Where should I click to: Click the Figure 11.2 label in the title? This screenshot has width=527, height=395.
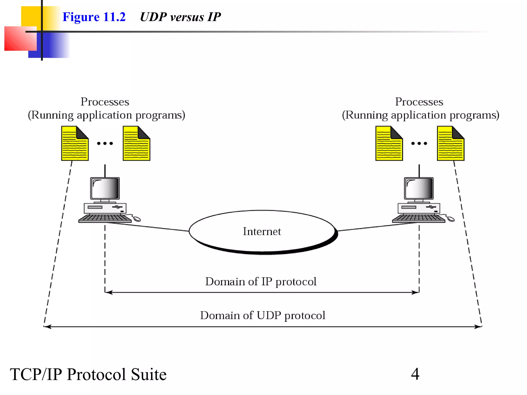pos(94,17)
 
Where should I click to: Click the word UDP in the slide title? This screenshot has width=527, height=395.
pos(153,17)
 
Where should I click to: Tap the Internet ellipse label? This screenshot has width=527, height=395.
pos(262,231)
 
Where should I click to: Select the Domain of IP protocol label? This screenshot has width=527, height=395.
pos(261,282)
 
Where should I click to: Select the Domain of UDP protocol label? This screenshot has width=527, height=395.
pos(262,316)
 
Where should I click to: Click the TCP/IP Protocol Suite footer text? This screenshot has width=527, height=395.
pos(88,374)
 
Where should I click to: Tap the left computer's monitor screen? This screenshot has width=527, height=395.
pos(105,188)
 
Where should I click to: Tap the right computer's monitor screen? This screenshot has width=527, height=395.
pos(419,188)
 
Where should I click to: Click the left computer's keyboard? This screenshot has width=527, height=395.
pos(105,218)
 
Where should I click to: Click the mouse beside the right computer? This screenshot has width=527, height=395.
pos(451,219)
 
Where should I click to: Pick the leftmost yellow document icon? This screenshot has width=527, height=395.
pos(75,143)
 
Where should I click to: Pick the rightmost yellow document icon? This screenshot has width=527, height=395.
pos(451,143)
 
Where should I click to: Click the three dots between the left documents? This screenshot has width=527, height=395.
pos(105,143)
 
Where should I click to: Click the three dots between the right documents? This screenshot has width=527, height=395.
pos(419,143)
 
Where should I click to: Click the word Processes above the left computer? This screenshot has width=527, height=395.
pos(105,102)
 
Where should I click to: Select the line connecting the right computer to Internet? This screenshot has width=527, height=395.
pos(378,226)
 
